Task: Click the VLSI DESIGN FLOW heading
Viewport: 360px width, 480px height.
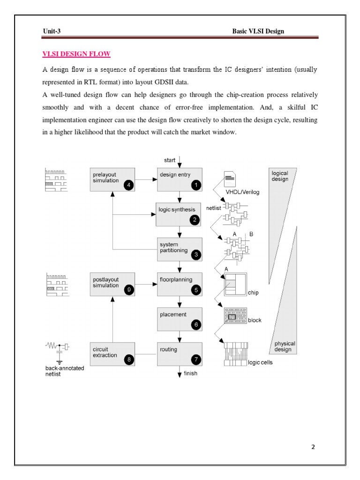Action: tap(76, 54)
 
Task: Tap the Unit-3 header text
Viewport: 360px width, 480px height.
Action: tap(52, 31)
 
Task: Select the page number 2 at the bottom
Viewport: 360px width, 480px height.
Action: tap(313, 447)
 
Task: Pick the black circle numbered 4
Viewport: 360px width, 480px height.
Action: tap(128, 185)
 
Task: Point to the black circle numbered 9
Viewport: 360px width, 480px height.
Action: tap(128, 290)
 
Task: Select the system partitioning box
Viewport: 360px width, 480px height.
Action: tap(180, 249)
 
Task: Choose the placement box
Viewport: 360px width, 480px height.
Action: tap(180, 319)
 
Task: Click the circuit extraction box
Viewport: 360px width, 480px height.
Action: tap(112, 354)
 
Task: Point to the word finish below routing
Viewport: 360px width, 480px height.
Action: tap(190, 374)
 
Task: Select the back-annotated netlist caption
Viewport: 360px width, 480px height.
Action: tap(61, 371)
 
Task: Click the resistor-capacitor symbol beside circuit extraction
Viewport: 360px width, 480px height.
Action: tap(57, 350)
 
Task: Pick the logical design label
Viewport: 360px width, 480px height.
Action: tap(280, 176)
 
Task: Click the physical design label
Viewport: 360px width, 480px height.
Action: tap(283, 346)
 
